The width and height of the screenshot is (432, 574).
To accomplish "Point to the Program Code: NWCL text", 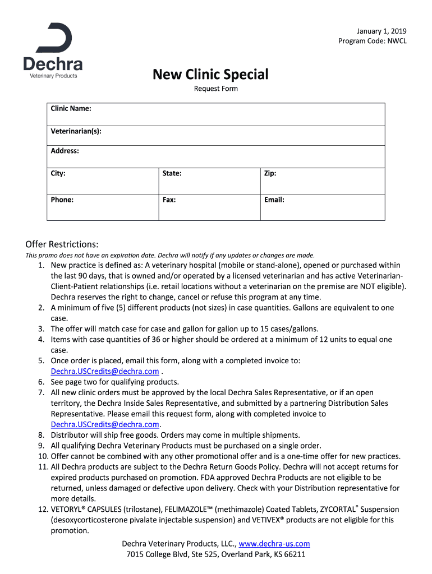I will point(373,41).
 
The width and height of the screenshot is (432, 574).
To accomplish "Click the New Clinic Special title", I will point(210,74).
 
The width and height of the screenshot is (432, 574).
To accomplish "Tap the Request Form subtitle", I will point(216,89).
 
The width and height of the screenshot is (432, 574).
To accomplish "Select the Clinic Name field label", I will point(71,108).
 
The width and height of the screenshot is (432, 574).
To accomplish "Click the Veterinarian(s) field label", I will point(76,131).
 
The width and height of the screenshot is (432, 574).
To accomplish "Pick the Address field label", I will point(65,151).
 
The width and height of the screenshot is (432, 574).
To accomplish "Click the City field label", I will point(58,173).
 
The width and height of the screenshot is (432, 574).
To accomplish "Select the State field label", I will point(172,173).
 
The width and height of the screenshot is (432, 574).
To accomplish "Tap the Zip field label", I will point(270,173).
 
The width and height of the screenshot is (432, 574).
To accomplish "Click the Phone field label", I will point(62,199).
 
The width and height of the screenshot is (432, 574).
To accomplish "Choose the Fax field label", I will point(169,199).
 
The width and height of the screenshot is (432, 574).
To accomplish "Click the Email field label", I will point(274,199).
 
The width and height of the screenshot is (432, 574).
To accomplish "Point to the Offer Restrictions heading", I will point(62,244).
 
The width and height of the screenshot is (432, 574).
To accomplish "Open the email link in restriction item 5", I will point(105,371).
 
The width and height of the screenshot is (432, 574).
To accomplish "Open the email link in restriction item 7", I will point(105,424).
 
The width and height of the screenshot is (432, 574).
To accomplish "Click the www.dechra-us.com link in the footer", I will point(274,544).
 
